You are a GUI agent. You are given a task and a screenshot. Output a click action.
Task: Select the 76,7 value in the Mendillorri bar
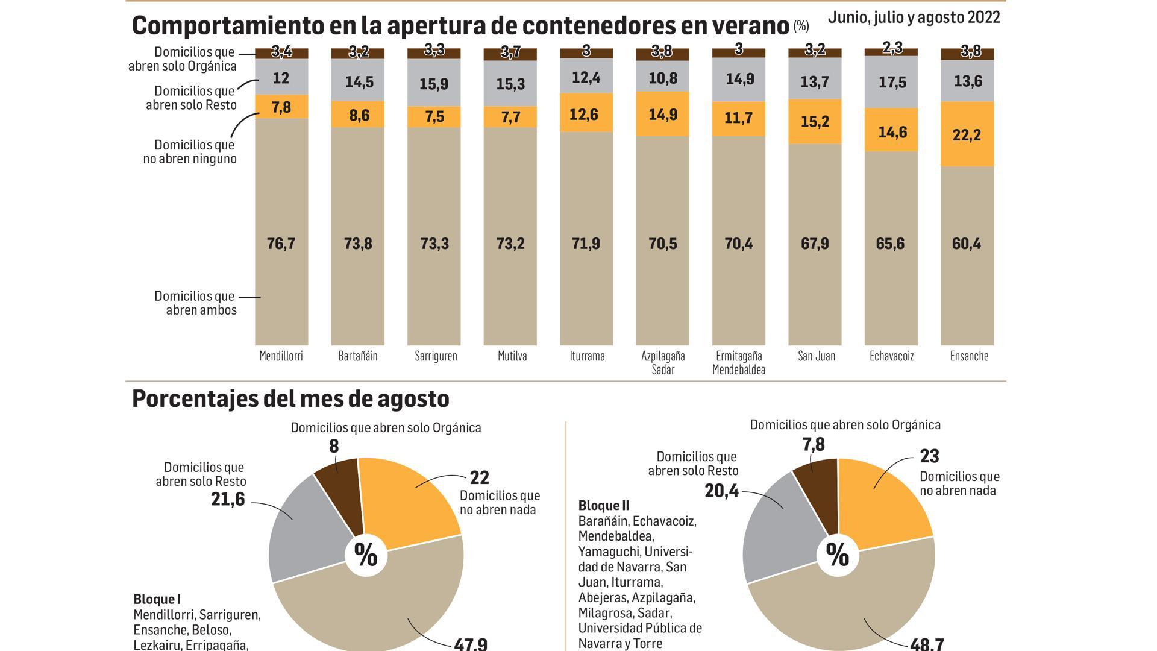click(281, 244)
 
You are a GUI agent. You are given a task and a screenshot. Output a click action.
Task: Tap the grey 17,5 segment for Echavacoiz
click(892, 82)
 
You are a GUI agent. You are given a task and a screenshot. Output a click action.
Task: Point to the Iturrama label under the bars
click(586, 356)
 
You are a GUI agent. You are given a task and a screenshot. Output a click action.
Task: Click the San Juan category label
click(816, 356)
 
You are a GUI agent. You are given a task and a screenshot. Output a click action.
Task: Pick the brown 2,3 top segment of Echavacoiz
click(891, 51)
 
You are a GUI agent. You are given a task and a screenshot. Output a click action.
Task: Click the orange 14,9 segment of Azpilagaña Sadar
click(662, 114)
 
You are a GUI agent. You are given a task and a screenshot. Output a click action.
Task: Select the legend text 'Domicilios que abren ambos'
click(195, 303)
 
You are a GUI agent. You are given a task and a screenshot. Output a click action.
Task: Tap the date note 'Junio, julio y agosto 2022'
click(914, 17)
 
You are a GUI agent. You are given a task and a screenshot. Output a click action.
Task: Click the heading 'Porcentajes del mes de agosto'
click(290, 399)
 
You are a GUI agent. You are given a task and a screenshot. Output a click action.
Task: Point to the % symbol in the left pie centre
click(365, 555)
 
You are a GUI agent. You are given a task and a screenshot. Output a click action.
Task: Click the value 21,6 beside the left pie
click(228, 499)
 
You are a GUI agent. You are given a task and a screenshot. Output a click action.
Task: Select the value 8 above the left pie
click(334, 447)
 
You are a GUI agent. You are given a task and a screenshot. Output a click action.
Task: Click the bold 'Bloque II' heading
click(603, 505)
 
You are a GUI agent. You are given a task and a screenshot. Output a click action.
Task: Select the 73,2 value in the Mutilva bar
click(510, 244)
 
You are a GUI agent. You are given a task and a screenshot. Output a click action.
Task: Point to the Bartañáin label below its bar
click(357, 356)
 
